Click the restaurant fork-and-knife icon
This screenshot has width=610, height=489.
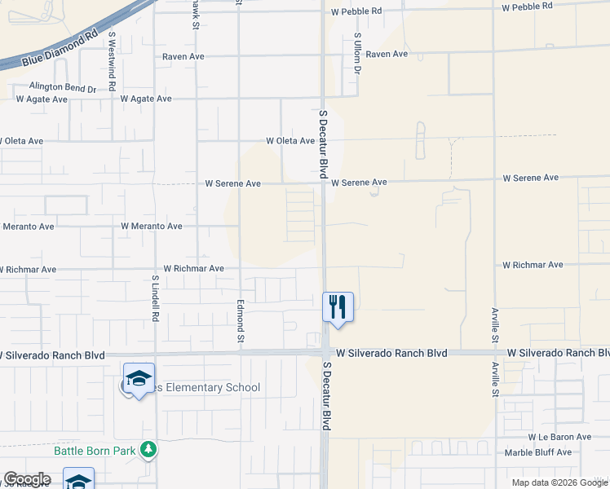click(338, 307)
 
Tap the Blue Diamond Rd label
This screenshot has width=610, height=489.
click(66, 49)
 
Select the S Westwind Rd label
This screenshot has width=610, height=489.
click(112, 62)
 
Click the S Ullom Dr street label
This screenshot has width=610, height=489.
click(357, 54)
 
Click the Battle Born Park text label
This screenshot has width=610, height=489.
click(95, 450)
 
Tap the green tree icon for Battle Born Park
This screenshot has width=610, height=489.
click(148, 449)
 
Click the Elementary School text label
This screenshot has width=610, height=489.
click(204, 388)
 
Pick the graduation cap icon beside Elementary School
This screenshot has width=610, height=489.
click(139, 379)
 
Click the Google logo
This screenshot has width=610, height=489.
click(27, 479)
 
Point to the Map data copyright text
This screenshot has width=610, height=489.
click(559, 482)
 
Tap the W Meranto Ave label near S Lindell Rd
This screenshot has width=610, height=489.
click(151, 226)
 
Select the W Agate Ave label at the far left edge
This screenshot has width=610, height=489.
click(41, 99)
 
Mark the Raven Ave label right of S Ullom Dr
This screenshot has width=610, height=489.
click(387, 54)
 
